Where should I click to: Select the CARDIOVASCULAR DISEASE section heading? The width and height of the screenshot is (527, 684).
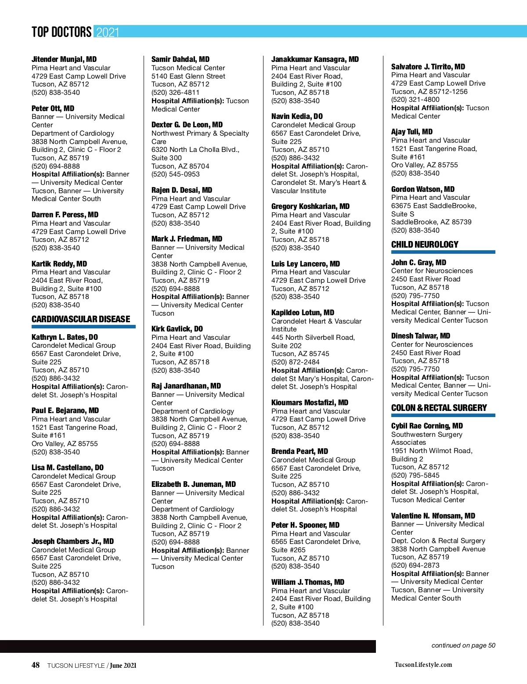click(x=81, y=319)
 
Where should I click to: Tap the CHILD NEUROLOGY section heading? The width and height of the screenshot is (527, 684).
click(x=425, y=245)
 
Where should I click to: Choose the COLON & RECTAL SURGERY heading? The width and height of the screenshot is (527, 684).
click(x=439, y=408)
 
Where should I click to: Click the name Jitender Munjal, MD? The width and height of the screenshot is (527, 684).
click(x=64, y=59)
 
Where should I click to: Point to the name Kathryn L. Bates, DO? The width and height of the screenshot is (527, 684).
click(x=65, y=337)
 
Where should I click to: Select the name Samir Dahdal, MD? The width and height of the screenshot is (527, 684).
click(x=180, y=59)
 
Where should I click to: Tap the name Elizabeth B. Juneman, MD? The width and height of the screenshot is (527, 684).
click(x=194, y=484)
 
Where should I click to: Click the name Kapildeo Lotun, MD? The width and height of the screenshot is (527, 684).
click(x=303, y=313)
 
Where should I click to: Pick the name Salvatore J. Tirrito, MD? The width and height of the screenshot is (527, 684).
click(x=428, y=67)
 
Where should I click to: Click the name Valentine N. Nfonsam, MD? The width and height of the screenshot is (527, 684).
click(x=433, y=516)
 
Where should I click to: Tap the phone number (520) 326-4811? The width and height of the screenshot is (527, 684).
click(x=175, y=93)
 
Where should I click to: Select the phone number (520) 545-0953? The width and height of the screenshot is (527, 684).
click(x=175, y=174)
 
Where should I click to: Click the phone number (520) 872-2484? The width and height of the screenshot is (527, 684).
click(x=295, y=362)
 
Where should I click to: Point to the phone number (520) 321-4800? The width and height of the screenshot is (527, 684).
click(x=415, y=100)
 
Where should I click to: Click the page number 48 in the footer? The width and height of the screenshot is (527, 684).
click(x=36, y=665)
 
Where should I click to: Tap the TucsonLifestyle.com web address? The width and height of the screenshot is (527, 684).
click(x=423, y=665)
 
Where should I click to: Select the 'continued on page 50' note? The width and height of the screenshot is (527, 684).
click(x=463, y=645)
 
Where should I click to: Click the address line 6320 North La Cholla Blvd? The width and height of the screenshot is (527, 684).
click(x=195, y=150)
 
